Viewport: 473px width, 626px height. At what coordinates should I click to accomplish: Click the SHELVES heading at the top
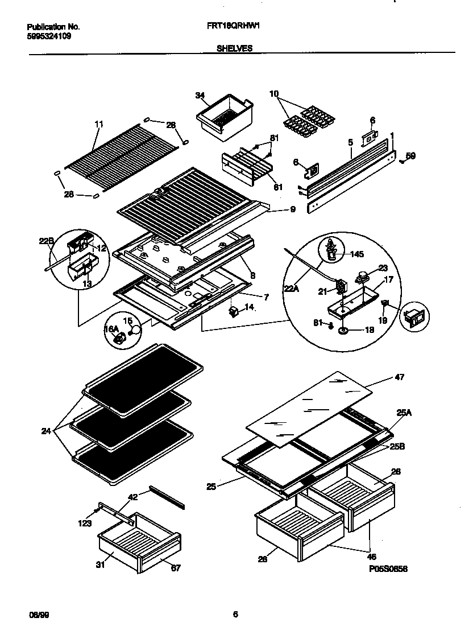[234, 48]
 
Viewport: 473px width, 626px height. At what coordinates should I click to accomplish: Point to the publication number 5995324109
[49, 35]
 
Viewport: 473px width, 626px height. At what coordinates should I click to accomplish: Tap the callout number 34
[200, 96]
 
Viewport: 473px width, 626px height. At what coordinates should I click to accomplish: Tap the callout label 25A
[404, 413]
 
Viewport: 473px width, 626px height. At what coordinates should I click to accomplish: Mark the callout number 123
[85, 523]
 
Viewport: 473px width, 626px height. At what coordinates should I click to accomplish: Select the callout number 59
[410, 155]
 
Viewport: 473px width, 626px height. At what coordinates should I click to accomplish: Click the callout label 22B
[47, 241]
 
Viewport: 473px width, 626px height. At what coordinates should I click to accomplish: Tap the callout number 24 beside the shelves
[47, 431]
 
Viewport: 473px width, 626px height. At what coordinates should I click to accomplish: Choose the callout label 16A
[111, 329]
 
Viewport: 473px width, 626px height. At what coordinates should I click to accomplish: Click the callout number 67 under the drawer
[176, 567]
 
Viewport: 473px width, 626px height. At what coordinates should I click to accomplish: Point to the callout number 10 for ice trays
[274, 93]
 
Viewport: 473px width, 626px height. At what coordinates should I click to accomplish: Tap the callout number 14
[249, 307]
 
